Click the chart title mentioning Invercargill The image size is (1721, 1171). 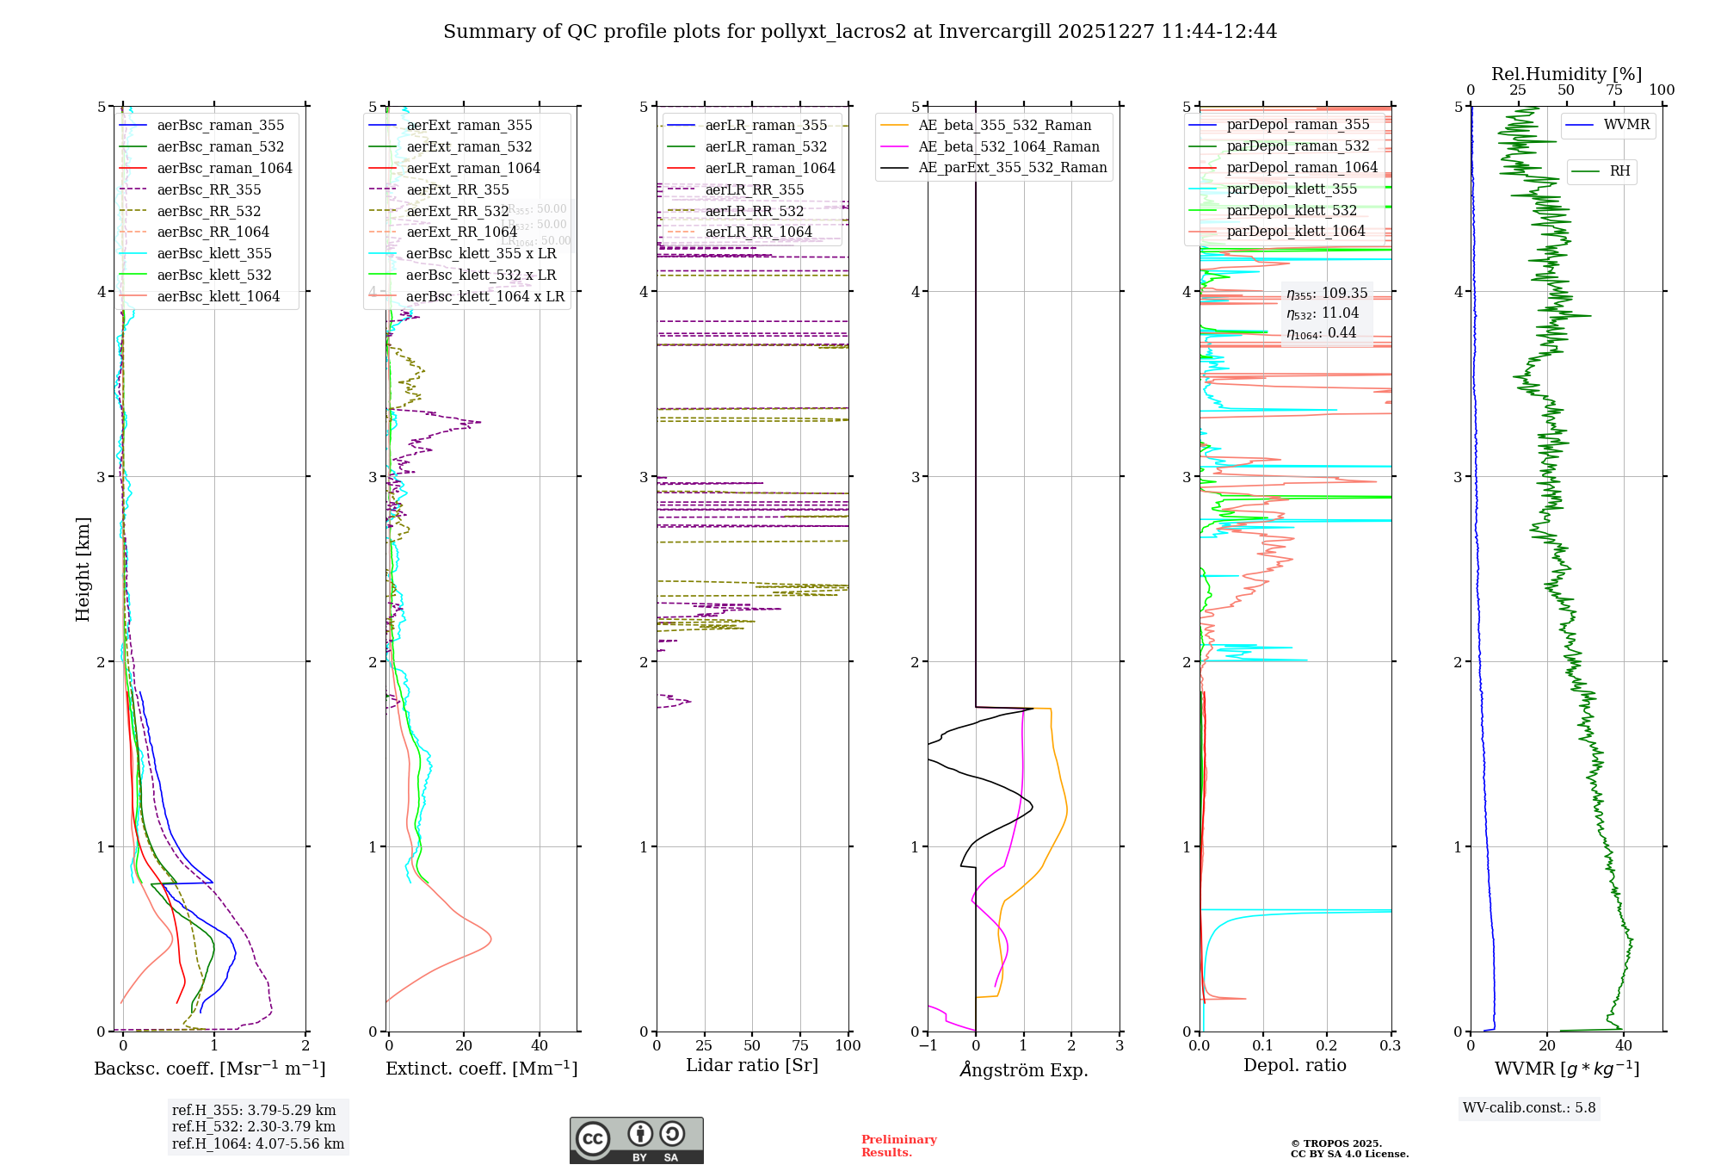click(860, 32)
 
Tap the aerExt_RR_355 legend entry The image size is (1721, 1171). click(457, 190)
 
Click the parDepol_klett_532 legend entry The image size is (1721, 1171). click(1291, 211)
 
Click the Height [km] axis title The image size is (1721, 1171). click(83, 569)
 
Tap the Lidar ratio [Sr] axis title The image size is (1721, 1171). click(751, 1066)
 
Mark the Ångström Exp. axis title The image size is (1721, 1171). click(1023, 1070)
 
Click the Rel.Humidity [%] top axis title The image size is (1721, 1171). click(1566, 75)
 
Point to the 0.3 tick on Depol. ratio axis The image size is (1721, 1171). click(1390, 1046)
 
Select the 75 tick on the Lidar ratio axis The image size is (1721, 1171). click(800, 1046)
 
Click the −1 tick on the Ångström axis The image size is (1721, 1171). click(928, 1046)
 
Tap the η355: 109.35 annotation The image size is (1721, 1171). click(1326, 294)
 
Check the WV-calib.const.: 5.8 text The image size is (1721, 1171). click(1529, 1108)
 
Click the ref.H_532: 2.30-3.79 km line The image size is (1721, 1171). click(254, 1127)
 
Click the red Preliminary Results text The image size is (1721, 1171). click(898, 1146)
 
